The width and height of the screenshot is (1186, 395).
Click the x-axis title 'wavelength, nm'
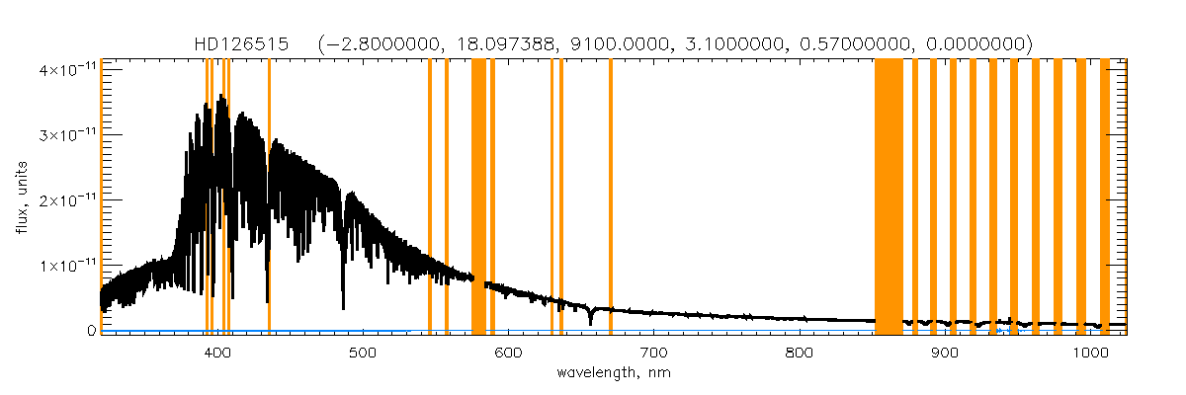coord(614,373)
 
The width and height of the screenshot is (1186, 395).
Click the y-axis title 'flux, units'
coord(21,197)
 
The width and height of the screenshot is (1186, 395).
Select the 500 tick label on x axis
coord(363,353)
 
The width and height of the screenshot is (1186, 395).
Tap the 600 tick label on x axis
coord(508,353)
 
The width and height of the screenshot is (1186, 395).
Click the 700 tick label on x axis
coord(653,353)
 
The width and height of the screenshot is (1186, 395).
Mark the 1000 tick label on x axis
coord(1089,353)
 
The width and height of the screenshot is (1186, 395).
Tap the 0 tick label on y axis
coord(89,331)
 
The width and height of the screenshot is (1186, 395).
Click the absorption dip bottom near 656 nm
coord(590,323)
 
